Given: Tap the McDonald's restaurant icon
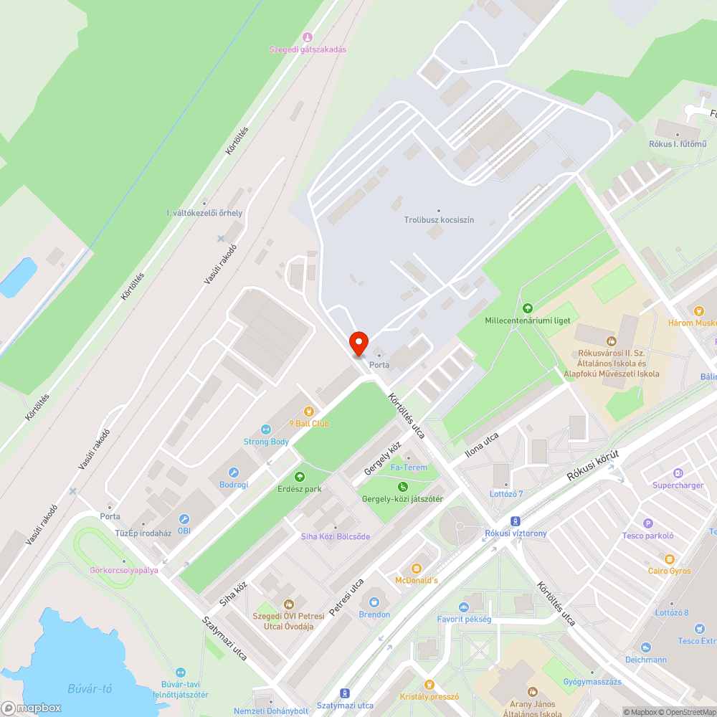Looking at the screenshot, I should coord(416,568).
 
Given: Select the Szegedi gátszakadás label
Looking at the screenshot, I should coord(308,49).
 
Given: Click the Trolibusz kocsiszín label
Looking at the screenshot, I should coord(439,220).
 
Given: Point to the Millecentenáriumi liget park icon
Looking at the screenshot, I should coord(528,308).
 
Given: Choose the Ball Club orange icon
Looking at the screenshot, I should coord(309,412).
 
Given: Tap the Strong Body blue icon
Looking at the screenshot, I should coord(266,429).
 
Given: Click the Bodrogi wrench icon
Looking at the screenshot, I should coord(233,473).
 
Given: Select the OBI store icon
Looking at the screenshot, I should coord(184,519).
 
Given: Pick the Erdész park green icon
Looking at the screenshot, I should coord(300,477).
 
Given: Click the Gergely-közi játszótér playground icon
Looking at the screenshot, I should coord(403,487).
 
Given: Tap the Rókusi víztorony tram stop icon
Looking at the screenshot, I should coord(515,521).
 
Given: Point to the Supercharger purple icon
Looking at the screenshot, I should coord(678,473).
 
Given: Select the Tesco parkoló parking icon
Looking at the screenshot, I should coord(648,523).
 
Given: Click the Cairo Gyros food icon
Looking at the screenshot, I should coord(670,559).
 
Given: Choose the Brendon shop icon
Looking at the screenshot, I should coord(374,602).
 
